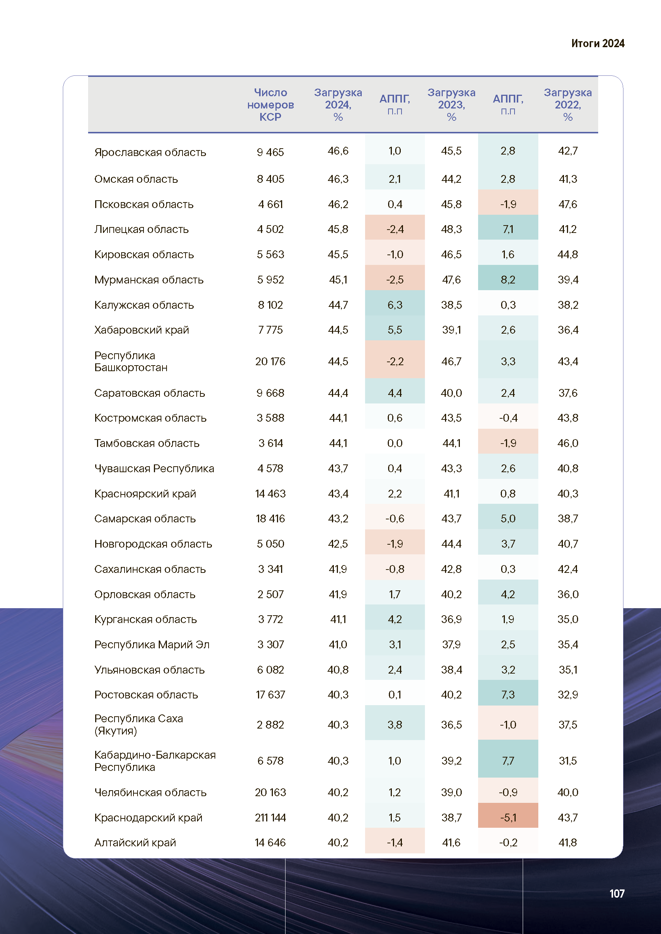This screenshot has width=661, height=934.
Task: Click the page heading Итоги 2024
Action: click(597, 43)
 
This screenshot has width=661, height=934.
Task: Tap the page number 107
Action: click(617, 894)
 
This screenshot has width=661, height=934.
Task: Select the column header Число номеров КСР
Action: click(270, 104)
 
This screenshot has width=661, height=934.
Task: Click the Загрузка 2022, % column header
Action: click(568, 104)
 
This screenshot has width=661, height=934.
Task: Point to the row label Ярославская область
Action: click(150, 152)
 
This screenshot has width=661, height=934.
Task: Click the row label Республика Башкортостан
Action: click(130, 361)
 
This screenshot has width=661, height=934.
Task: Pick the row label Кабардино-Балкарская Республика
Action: click(155, 761)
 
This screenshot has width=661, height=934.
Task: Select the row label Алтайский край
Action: click(135, 843)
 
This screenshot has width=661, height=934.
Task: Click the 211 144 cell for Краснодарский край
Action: click(270, 818)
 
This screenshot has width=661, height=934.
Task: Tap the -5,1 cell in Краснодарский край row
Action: click(508, 818)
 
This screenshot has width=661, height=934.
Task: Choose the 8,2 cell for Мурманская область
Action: click(508, 280)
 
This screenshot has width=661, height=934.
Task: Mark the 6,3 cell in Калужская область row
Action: click(395, 305)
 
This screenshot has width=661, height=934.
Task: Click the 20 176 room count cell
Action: click(270, 361)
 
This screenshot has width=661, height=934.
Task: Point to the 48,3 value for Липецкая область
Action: click(451, 230)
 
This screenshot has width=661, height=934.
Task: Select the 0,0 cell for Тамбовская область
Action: click(395, 443)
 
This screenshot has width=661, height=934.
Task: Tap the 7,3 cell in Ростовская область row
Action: click(508, 695)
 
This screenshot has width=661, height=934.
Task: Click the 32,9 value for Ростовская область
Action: click(568, 695)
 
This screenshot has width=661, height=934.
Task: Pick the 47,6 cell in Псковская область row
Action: click(568, 204)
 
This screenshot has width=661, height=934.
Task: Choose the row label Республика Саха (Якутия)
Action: click(138, 724)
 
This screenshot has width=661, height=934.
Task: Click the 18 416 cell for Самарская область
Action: click(270, 519)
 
